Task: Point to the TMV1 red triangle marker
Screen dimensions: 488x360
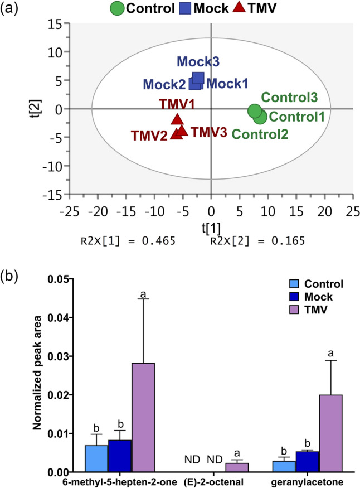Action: [x=177, y=119]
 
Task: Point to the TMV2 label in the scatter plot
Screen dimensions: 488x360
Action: [x=149, y=136]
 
